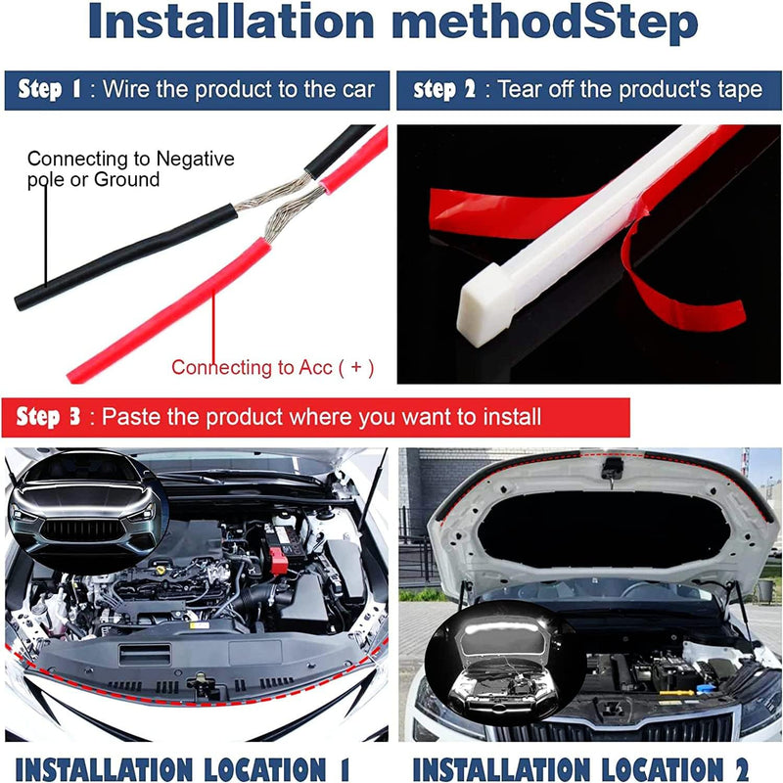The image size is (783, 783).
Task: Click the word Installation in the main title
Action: tap(231, 22)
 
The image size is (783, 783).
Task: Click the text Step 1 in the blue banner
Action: tap(48, 89)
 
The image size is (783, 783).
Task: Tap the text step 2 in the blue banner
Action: tap(444, 89)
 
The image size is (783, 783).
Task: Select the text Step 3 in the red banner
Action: tap(47, 417)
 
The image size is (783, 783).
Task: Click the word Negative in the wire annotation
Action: tap(195, 159)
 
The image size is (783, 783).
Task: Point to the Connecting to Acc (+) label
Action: tap(273, 368)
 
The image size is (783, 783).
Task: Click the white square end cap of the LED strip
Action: tap(485, 305)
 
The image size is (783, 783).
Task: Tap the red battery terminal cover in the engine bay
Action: tap(278, 560)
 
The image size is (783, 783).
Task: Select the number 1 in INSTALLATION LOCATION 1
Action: tap(345, 768)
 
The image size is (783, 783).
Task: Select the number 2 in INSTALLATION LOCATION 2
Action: tap(741, 768)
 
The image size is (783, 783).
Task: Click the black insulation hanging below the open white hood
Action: tap(605, 530)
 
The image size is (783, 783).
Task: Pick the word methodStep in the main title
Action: tap(545, 22)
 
